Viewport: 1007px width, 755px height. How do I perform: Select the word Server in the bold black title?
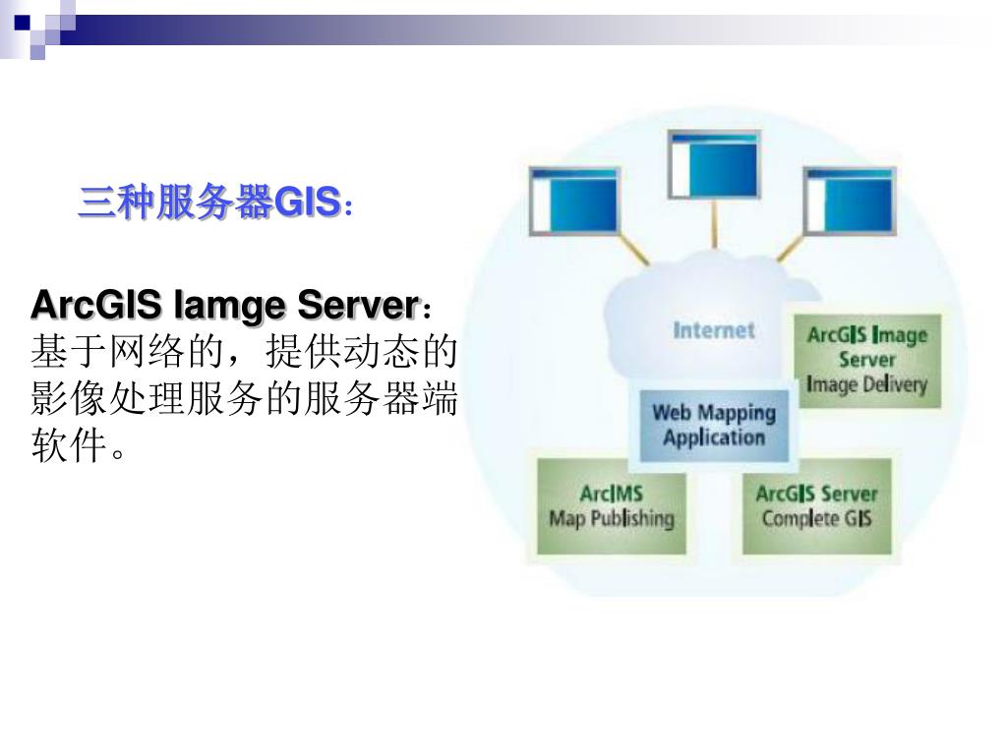point(359,305)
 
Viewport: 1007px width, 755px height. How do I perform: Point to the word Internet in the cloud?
point(714,330)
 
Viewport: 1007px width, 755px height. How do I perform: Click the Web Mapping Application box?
point(714,426)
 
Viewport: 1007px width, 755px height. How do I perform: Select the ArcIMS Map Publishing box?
point(612,505)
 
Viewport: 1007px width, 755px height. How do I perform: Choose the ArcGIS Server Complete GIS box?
point(816,505)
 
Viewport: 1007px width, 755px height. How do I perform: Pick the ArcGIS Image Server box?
point(866,360)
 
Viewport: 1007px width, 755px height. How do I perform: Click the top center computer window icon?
point(714,163)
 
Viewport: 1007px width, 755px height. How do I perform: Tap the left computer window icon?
point(573,201)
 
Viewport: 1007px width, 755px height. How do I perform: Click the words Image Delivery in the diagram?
point(866,384)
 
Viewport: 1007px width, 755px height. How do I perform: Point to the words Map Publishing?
point(612,518)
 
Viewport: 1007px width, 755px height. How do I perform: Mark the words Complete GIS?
point(816,518)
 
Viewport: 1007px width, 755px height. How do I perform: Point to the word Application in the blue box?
point(714,438)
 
